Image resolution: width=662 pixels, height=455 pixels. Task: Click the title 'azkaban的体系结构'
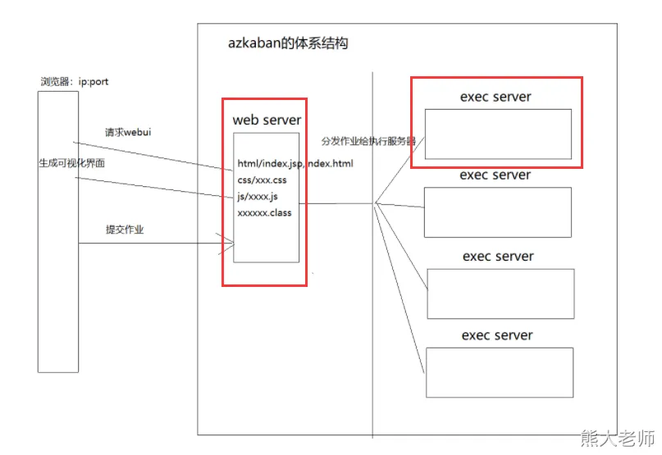287,43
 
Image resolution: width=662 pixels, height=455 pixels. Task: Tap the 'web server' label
267,120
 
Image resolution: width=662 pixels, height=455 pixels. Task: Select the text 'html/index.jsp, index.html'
295,163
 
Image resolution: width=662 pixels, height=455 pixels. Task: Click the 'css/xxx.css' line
262,180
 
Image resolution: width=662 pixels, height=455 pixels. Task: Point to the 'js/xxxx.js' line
258,196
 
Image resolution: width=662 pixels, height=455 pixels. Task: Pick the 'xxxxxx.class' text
264,212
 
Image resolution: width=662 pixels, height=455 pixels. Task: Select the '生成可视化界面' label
71,163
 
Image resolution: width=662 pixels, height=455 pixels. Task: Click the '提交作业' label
125,230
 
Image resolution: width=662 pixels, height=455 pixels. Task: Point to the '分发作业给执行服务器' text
368,141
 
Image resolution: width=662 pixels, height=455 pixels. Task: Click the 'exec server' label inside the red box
495,97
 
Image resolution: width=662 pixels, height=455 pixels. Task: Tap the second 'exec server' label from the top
495,175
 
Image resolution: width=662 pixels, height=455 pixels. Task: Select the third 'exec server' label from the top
498,257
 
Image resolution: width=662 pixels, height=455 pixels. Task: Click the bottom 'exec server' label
497,335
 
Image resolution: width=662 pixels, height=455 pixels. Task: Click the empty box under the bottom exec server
498,372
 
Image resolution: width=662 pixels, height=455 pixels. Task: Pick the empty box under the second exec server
497,212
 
